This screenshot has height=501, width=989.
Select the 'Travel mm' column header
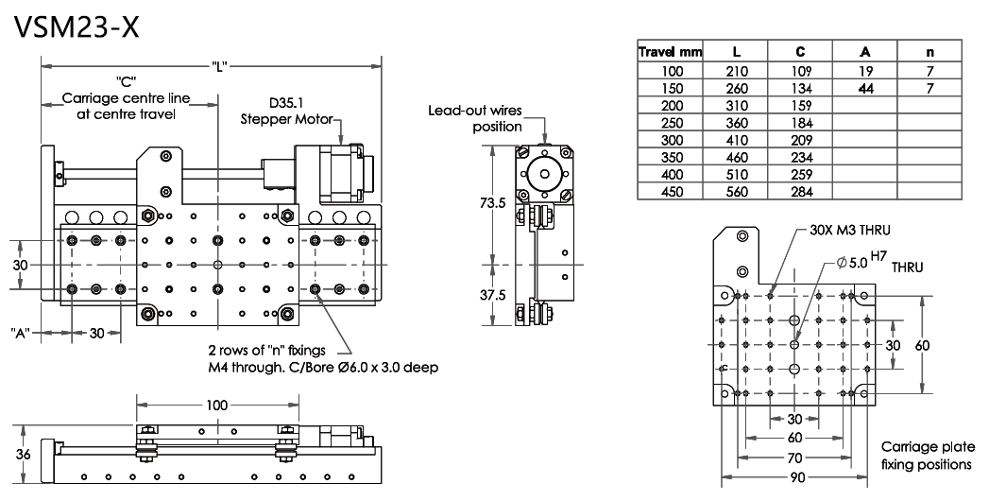click(x=670, y=53)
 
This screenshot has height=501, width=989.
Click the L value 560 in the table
click(x=737, y=192)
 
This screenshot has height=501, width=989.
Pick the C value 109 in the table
click(x=801, y=71)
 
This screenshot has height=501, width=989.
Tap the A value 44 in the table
click(x=865, y=88)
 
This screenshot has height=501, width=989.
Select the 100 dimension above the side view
click(x=217, y=405)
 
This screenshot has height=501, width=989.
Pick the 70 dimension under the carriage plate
click(x=794, y=458)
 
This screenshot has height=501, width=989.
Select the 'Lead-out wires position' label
click(x=488, y=118)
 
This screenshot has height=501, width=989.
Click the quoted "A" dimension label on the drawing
click(x=24, y=332)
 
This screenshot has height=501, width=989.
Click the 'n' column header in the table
click(x=929, y=53)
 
